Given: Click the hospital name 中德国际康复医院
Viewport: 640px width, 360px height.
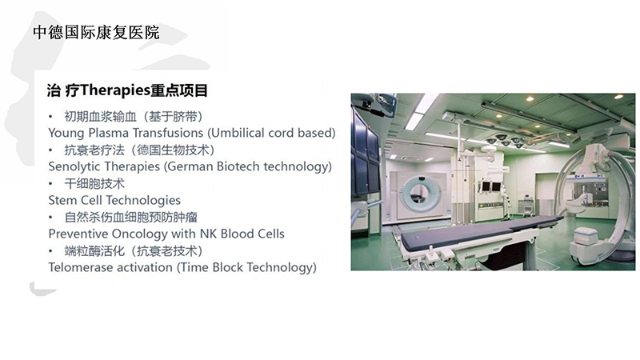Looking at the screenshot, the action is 96,33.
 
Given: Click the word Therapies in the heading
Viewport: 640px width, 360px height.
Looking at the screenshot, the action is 115,90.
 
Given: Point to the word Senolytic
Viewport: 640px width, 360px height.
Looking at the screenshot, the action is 74,166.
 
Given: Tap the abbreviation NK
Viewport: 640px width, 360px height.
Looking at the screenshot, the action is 208,234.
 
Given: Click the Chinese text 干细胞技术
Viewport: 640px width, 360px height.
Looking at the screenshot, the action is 94,184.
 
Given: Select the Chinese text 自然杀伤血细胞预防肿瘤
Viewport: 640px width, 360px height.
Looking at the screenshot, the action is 130,217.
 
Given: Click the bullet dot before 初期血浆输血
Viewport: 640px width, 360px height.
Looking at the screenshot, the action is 50,117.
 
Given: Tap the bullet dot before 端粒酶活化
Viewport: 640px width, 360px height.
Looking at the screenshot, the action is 50,251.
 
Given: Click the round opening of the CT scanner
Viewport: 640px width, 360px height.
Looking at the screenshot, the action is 417,192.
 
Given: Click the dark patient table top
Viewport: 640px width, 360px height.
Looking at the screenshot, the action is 478,230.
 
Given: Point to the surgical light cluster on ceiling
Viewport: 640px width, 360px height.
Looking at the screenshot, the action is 506,141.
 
